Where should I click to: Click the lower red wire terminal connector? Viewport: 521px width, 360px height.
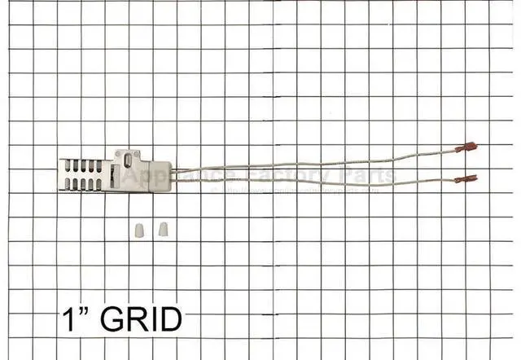[x=466, y=177]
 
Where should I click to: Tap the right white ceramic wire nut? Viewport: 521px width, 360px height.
[x=162, y=225]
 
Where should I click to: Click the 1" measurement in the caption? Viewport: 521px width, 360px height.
[x=74, y=318]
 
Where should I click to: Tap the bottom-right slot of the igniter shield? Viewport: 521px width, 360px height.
[x=100, y=187]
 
